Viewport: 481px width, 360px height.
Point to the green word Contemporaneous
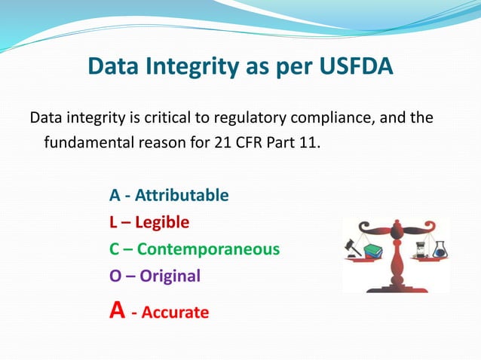[x=208, y=249]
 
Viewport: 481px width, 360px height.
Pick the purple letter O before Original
[x=115, y=276]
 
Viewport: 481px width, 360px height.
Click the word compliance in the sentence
[x=336, y=120]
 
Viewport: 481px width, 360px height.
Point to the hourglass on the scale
[x=420, y=246]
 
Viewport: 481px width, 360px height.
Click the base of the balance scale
[x=396, y=285]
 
